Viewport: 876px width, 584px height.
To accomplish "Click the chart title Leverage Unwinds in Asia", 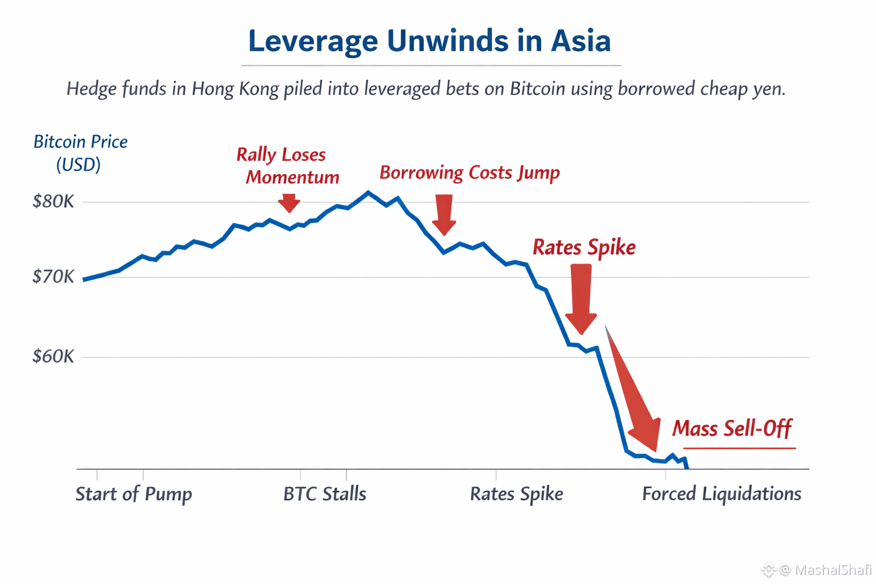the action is (429, 42).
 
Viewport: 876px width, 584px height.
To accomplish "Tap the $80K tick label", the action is (53, 201).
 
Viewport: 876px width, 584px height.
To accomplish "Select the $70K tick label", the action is (53, 277).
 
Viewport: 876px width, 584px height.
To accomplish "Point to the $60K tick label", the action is (53, 356).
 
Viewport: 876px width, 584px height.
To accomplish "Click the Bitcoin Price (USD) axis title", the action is (80, 153).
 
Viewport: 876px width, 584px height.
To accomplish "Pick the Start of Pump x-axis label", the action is (134, 494).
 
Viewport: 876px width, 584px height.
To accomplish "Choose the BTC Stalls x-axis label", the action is (325, 494).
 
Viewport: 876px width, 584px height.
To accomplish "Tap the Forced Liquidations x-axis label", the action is (721, 494).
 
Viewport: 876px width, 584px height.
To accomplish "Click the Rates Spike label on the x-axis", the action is (517, 494).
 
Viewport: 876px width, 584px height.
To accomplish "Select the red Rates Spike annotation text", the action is (584, 248).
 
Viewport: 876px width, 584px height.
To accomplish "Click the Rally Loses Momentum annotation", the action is (288, 166).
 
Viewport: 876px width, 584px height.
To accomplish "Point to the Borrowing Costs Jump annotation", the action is (470, 173).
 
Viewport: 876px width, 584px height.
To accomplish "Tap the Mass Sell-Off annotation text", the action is (732, 428).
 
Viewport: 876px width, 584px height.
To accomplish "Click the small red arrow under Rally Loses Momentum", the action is (289, 202).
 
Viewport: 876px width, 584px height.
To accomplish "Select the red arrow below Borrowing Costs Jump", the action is (444, 214).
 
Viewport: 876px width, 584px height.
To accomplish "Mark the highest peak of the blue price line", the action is (368, 192).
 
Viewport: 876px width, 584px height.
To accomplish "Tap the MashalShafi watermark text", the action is (833, 570).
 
